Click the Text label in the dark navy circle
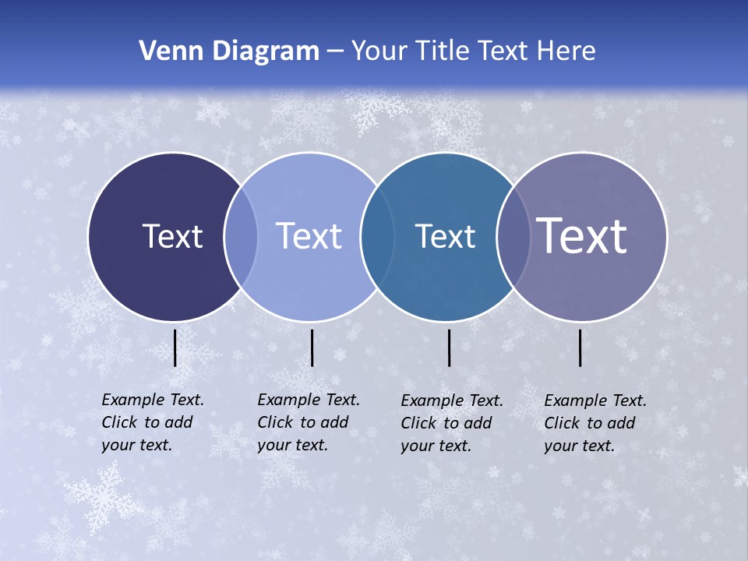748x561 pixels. tap(172, 236)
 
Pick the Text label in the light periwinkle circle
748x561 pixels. tap(309, 236)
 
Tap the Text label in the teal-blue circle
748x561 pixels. tap(445, 236)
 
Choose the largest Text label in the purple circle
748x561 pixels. tap(582, 236)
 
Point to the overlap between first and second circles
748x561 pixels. tap(241, 236)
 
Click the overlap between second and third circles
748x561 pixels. tap(375, 236)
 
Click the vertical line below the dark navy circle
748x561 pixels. tap(175, 348)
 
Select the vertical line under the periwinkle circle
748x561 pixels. tap(312, 348)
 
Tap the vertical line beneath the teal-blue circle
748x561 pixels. tap(450, 348)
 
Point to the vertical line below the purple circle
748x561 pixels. tap(580, 348)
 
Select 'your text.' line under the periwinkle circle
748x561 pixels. tap(292, 446)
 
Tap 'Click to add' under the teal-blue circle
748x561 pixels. tap(446, 423)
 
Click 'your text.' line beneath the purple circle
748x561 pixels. tap(579, 446)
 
